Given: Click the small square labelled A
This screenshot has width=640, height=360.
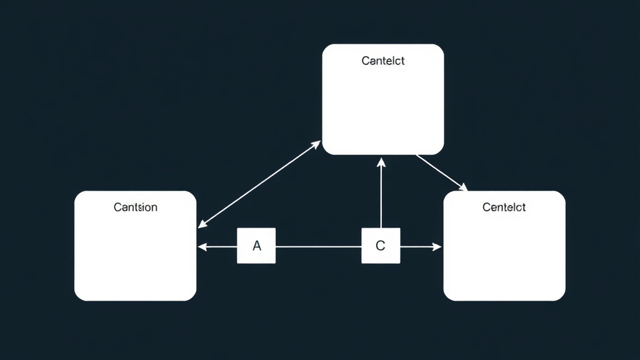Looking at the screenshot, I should pyautogui.click(x=256, y=246).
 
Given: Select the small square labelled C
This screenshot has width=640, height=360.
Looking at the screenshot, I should pyautogui.click(x=381, y=246).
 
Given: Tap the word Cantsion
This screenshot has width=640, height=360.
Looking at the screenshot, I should pyautogui.click(x=136, y=207).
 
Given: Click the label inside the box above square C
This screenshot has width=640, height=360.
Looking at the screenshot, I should pyautogui.click(x=383, y=61).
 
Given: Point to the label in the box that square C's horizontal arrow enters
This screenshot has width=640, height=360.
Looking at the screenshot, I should pyautogui.click(x=504, y=207).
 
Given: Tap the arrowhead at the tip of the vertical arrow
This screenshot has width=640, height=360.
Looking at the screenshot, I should pyautogui.click(x=381, y=162).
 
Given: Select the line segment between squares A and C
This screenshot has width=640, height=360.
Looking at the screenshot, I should pyautogui.click(x=319, y=246).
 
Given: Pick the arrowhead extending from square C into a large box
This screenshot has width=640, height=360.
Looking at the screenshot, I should pyautogui.click(x=437, y=247).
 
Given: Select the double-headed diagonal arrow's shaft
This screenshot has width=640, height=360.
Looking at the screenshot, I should pyautogui.click(x=259, y=184).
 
